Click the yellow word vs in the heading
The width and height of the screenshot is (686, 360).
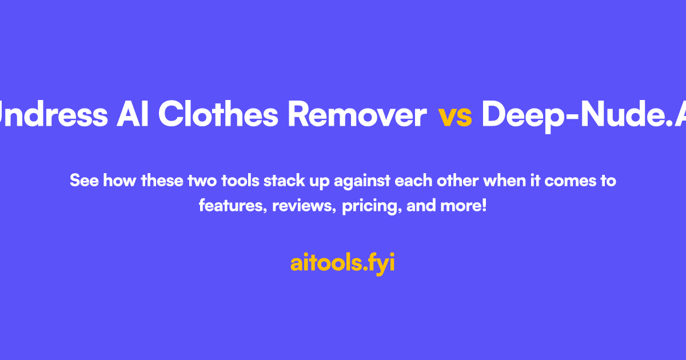pyautogui.click(x=455, y=115)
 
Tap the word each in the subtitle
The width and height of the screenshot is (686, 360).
pyautogui.click(x=415, y=181)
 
